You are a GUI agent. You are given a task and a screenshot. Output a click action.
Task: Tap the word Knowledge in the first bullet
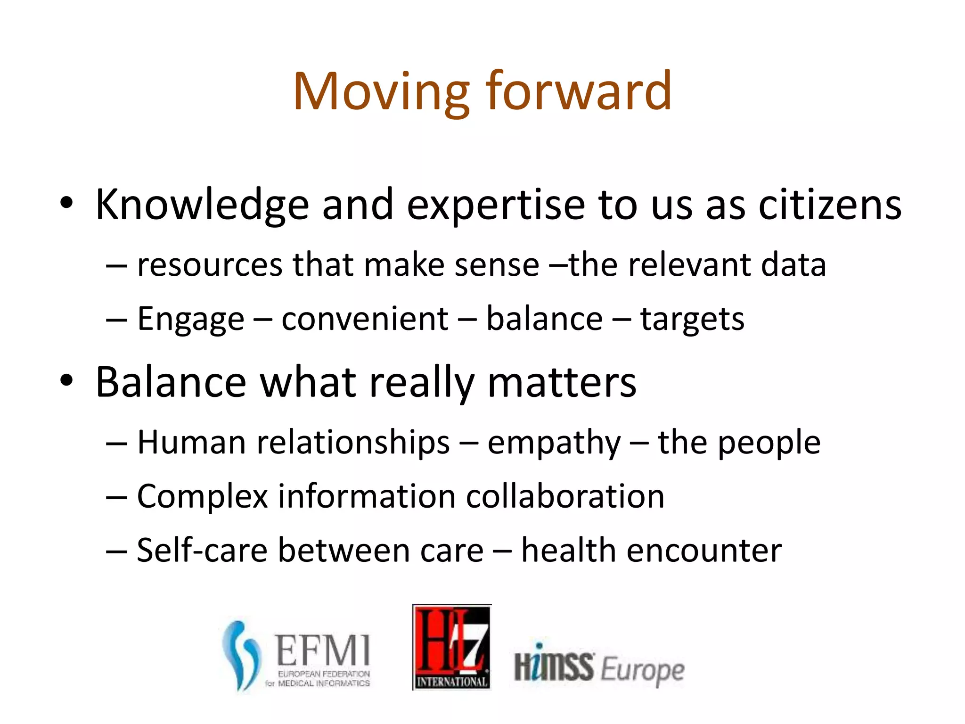coord(202,205)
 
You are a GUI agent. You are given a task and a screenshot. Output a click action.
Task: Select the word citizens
coord(830,205)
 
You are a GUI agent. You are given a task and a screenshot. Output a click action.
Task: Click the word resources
coord(210,265)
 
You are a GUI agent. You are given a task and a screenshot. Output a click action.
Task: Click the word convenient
coord(365,319)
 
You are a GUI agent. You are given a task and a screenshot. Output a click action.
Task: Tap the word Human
coord(191,443)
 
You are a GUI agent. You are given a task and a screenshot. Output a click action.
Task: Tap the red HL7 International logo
coord(452,647)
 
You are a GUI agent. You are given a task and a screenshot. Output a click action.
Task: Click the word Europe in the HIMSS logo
coord(642,670)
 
